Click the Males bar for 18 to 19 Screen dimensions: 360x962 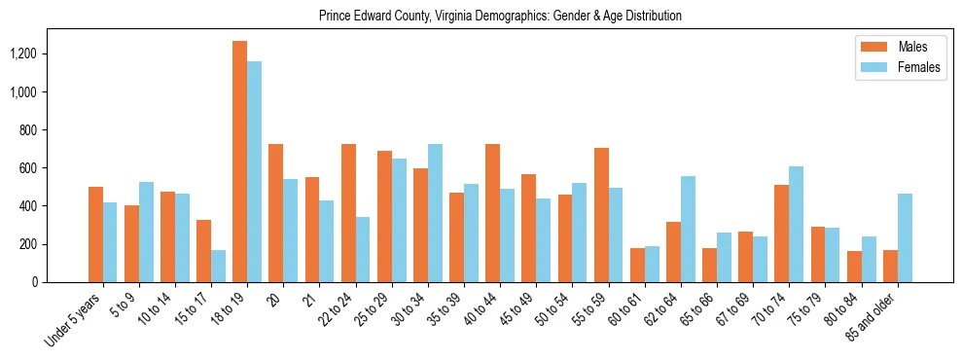[x=239, y=162]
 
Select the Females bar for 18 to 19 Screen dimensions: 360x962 [x=254, y=172]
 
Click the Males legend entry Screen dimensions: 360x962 [x=892, y=47]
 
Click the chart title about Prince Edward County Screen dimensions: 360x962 [x=500, y=17]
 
